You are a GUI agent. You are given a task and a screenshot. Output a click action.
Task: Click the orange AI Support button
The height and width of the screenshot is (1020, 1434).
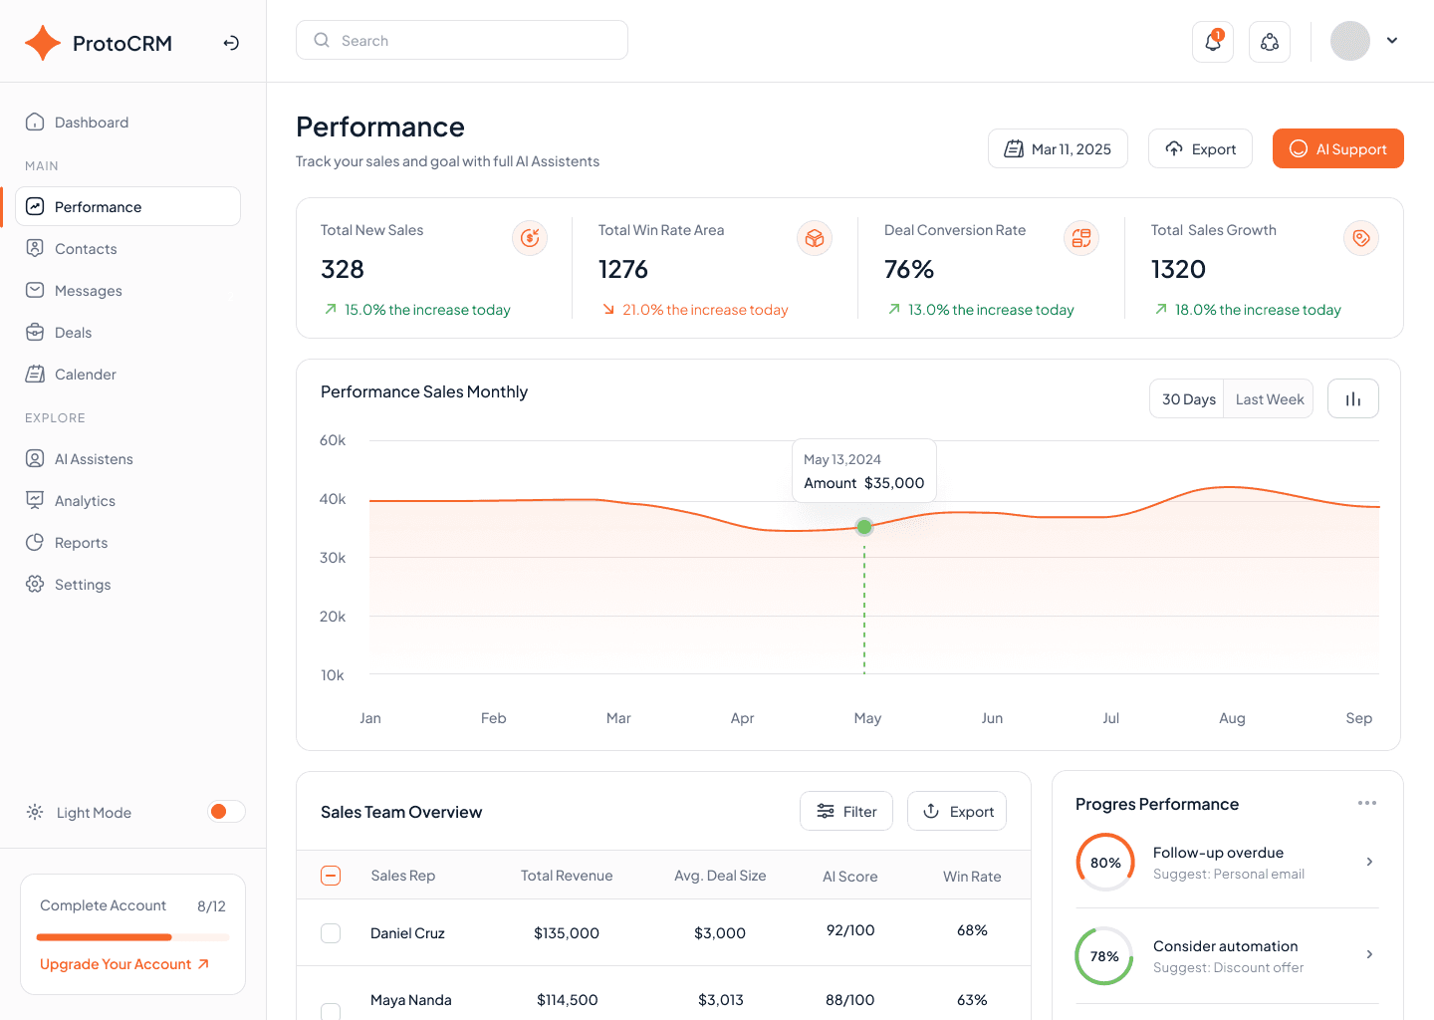click(x=1337, y=148)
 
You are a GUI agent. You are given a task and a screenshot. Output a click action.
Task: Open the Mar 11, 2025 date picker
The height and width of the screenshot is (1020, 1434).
click(x=1058, y=148)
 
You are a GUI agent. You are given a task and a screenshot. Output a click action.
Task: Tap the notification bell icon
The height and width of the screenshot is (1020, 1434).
click(x=1212, y=42)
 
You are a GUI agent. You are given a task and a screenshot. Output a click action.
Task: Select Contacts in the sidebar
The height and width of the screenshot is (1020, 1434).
click(x=86, y=249)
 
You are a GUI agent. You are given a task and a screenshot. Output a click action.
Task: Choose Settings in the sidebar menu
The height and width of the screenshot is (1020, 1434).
click(x=83, y=585)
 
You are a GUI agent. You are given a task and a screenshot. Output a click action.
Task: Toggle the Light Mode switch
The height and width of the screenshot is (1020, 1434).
click(x=225, y=812)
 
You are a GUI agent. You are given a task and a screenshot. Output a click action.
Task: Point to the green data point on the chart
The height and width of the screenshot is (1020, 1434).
click(x=864, y=526)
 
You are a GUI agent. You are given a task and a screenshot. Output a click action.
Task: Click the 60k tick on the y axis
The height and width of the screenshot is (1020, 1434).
click(x=333, y=440)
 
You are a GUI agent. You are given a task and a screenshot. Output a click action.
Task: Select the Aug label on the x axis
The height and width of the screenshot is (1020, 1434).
click(x=1232, y=718)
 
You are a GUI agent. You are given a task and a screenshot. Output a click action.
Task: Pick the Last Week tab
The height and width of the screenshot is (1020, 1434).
click(x=1269, y=399)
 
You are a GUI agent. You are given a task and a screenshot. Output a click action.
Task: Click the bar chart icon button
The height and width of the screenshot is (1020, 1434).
click(x=1352, y=399)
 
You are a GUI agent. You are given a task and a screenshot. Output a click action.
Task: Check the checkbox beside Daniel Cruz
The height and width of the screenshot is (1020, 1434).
click(x=331, y=933)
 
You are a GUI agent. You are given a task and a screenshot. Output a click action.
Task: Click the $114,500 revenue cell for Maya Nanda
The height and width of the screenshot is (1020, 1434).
click(x=567, y=1000)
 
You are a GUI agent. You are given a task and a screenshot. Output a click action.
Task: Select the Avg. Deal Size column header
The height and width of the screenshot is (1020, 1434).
click(x=720, y=876)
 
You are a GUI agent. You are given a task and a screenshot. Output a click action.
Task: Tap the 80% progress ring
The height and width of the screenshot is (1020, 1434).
click(x=1105, y=863)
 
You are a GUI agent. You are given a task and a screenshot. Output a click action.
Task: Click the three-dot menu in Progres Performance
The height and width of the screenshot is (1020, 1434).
click(x=1366, y=803)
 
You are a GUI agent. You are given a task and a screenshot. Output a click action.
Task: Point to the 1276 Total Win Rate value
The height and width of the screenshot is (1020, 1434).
click(x=623, y=270)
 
